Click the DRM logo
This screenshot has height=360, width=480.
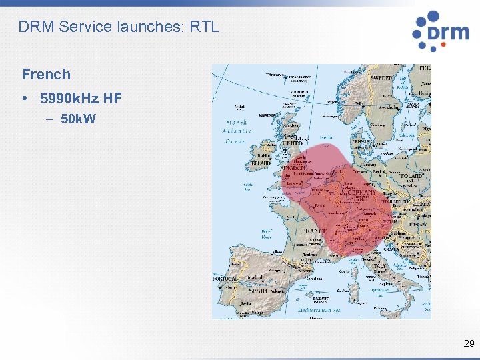tap(440, 31)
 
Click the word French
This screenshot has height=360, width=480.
tap(46, 74)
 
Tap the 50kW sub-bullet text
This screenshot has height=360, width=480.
tap(78, 120)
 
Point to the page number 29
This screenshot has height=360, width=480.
tap(468, 344)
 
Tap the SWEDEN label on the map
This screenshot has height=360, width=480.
tap(382, 78)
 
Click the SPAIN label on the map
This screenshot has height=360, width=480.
tap(258, 291)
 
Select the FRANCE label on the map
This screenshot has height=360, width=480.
tap(315, 231)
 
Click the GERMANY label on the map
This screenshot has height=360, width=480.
tap(361, 193)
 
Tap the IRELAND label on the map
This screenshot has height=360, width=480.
tap(260, 163)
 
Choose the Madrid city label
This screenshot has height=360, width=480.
tap(255, 277)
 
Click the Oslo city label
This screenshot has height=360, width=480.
tap(359, 103)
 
